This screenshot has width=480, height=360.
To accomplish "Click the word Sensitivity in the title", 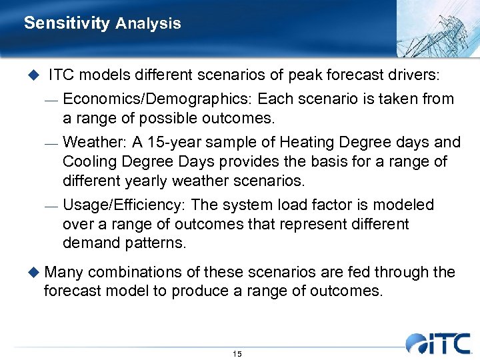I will (66, 23).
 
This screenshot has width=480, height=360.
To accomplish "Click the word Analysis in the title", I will (148, 23).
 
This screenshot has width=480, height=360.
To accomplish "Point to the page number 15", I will (237, 354).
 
